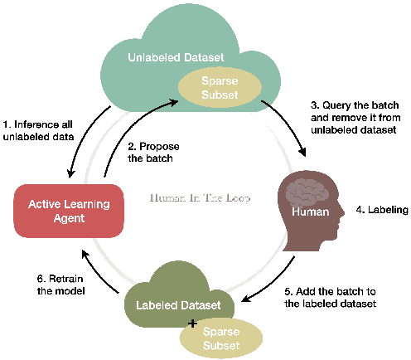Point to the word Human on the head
[310, 212]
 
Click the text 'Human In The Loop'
[200, 198]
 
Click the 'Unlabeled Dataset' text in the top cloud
[175, 59]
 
